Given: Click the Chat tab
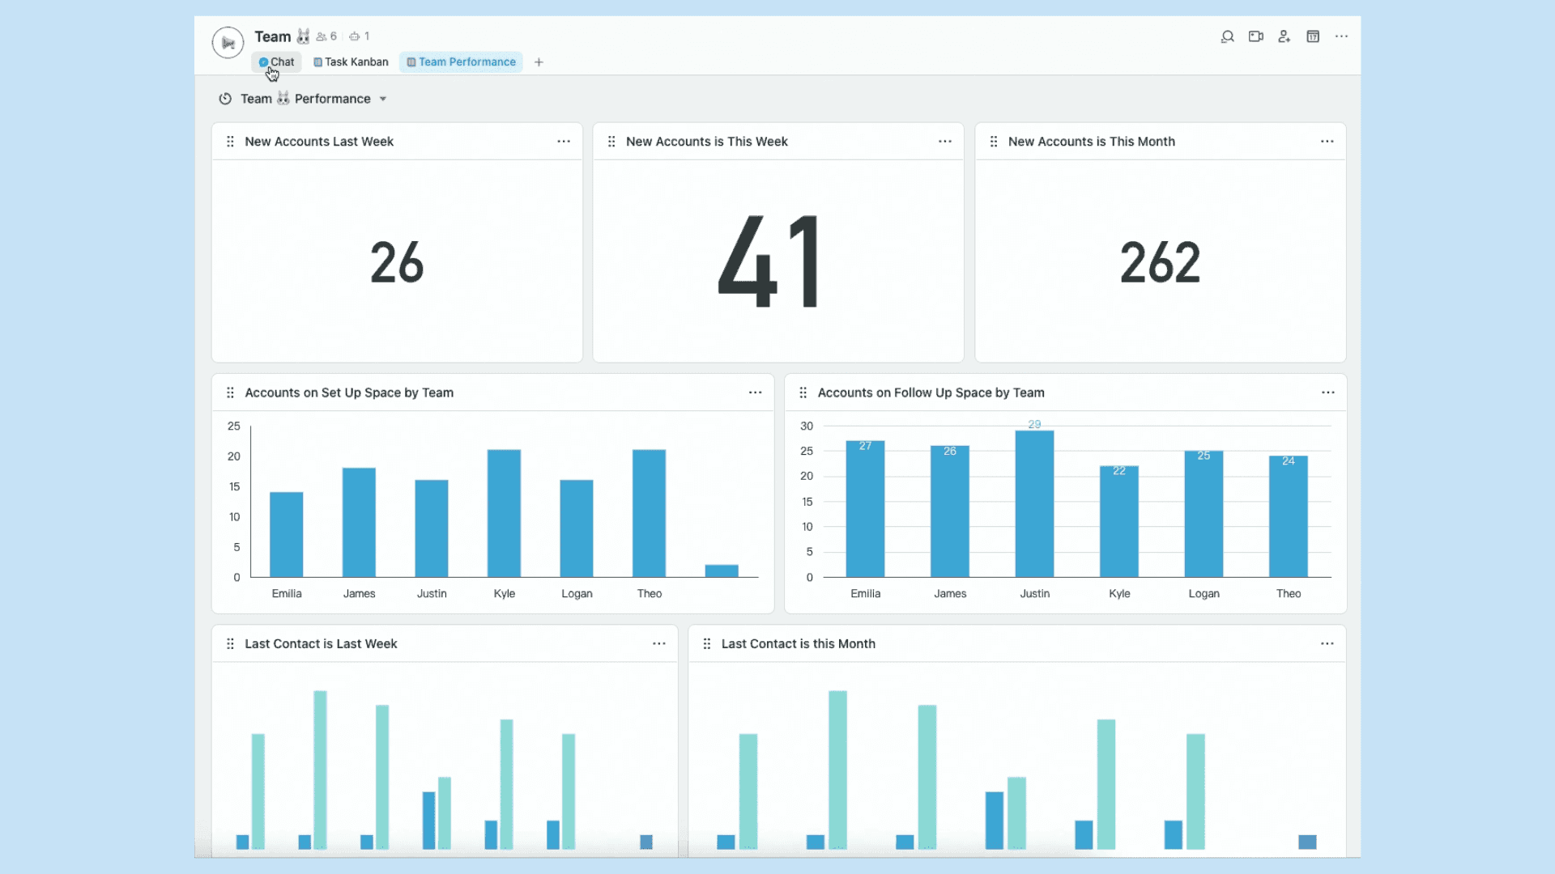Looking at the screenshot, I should click(x=277, y=62).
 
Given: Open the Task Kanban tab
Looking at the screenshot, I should click(x=351, y=62).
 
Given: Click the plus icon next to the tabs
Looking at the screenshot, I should click(x=539, y=62).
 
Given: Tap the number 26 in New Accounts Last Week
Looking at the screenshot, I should click(x=397, y=262).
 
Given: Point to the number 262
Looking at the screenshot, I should click(x=1160, y=262).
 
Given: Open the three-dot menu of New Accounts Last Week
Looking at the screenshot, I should click(x=564, y=142).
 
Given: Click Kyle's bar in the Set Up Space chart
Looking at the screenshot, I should click(x=504, y=513).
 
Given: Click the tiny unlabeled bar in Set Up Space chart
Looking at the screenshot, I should click(x=721, y=571).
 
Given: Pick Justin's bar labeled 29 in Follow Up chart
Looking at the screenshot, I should click(x=1034, y=503).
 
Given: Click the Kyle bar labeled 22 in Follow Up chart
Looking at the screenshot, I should click(x=1118, y=521).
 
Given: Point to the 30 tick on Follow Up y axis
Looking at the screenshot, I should click(x=807, y=426).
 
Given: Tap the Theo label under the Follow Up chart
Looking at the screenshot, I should click(x=1288, y=593).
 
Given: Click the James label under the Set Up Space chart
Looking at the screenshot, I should click(x=359, y=593).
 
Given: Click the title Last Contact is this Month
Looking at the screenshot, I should click(x=798, y=644).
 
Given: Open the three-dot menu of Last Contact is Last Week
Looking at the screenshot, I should click(x=659, y=644).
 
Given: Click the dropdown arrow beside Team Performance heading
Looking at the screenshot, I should click(x=383, y=99).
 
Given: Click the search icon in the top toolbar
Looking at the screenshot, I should click(x=1227, y=36).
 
